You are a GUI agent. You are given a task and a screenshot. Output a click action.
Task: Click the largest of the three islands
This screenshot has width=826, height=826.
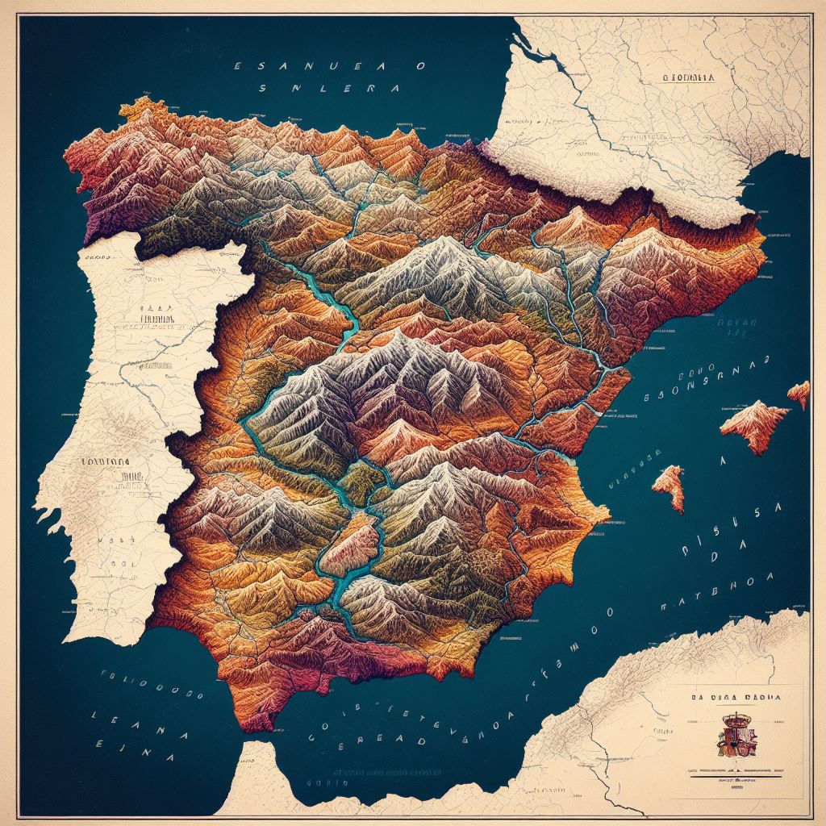754,423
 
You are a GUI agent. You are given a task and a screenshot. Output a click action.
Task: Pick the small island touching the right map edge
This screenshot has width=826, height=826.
799,394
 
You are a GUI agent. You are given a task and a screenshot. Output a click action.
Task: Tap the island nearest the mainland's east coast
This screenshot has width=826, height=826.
669,486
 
